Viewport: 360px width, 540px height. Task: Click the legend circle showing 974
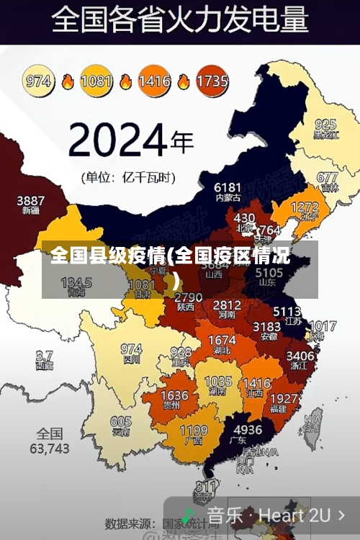39,81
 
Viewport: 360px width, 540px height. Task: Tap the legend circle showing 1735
212,81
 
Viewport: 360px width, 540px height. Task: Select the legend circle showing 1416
154,81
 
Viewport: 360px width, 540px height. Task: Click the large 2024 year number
120,140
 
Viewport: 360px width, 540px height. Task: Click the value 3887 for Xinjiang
30,201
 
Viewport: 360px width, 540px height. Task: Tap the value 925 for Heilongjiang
325,125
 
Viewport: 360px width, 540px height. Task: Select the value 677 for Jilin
327,177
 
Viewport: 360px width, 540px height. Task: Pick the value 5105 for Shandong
269,273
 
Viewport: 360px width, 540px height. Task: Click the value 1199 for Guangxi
193,431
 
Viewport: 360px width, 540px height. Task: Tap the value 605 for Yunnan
121,421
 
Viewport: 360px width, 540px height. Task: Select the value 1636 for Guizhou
174,395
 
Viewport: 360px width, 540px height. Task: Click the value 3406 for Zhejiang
300,355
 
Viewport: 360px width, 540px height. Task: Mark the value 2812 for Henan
227,305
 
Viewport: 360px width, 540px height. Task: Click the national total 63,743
50,448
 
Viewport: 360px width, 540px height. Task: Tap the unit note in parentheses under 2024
127,176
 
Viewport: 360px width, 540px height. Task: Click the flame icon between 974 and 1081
68,81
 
